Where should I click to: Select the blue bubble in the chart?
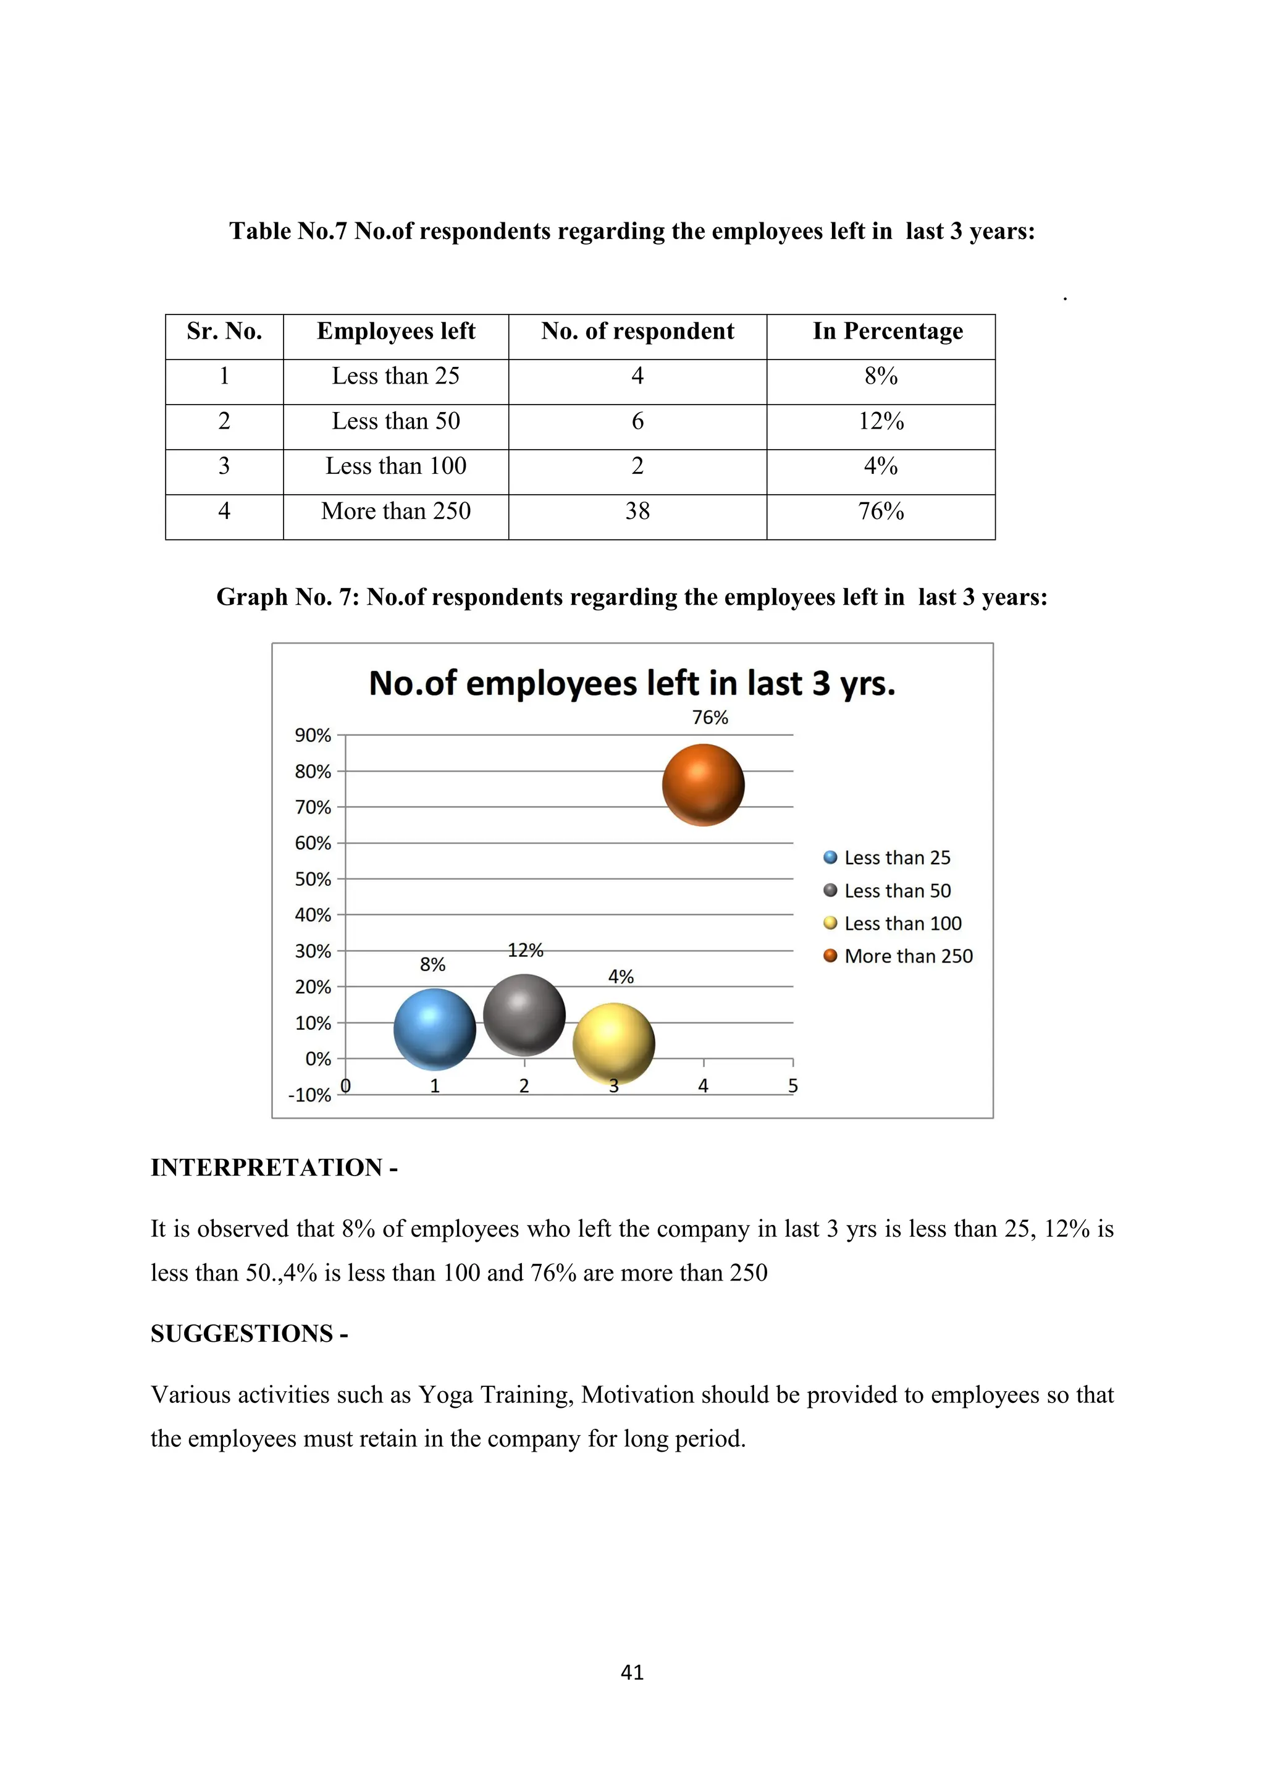point(435,1029)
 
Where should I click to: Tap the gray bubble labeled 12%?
point(524,1014)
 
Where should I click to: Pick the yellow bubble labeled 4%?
point(614,1043)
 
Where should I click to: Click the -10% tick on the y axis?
point(310,1095)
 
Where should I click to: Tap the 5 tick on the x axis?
point(793,1085)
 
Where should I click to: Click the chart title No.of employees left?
point(632,683)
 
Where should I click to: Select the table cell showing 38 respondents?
point(637,511)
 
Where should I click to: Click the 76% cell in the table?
point(881,511)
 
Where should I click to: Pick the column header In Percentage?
point(888,331)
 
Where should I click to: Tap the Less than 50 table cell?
point(396,421)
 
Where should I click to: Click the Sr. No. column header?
point(224,331)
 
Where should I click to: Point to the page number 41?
point(632,1672)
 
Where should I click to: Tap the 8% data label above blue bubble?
point(432,965)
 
